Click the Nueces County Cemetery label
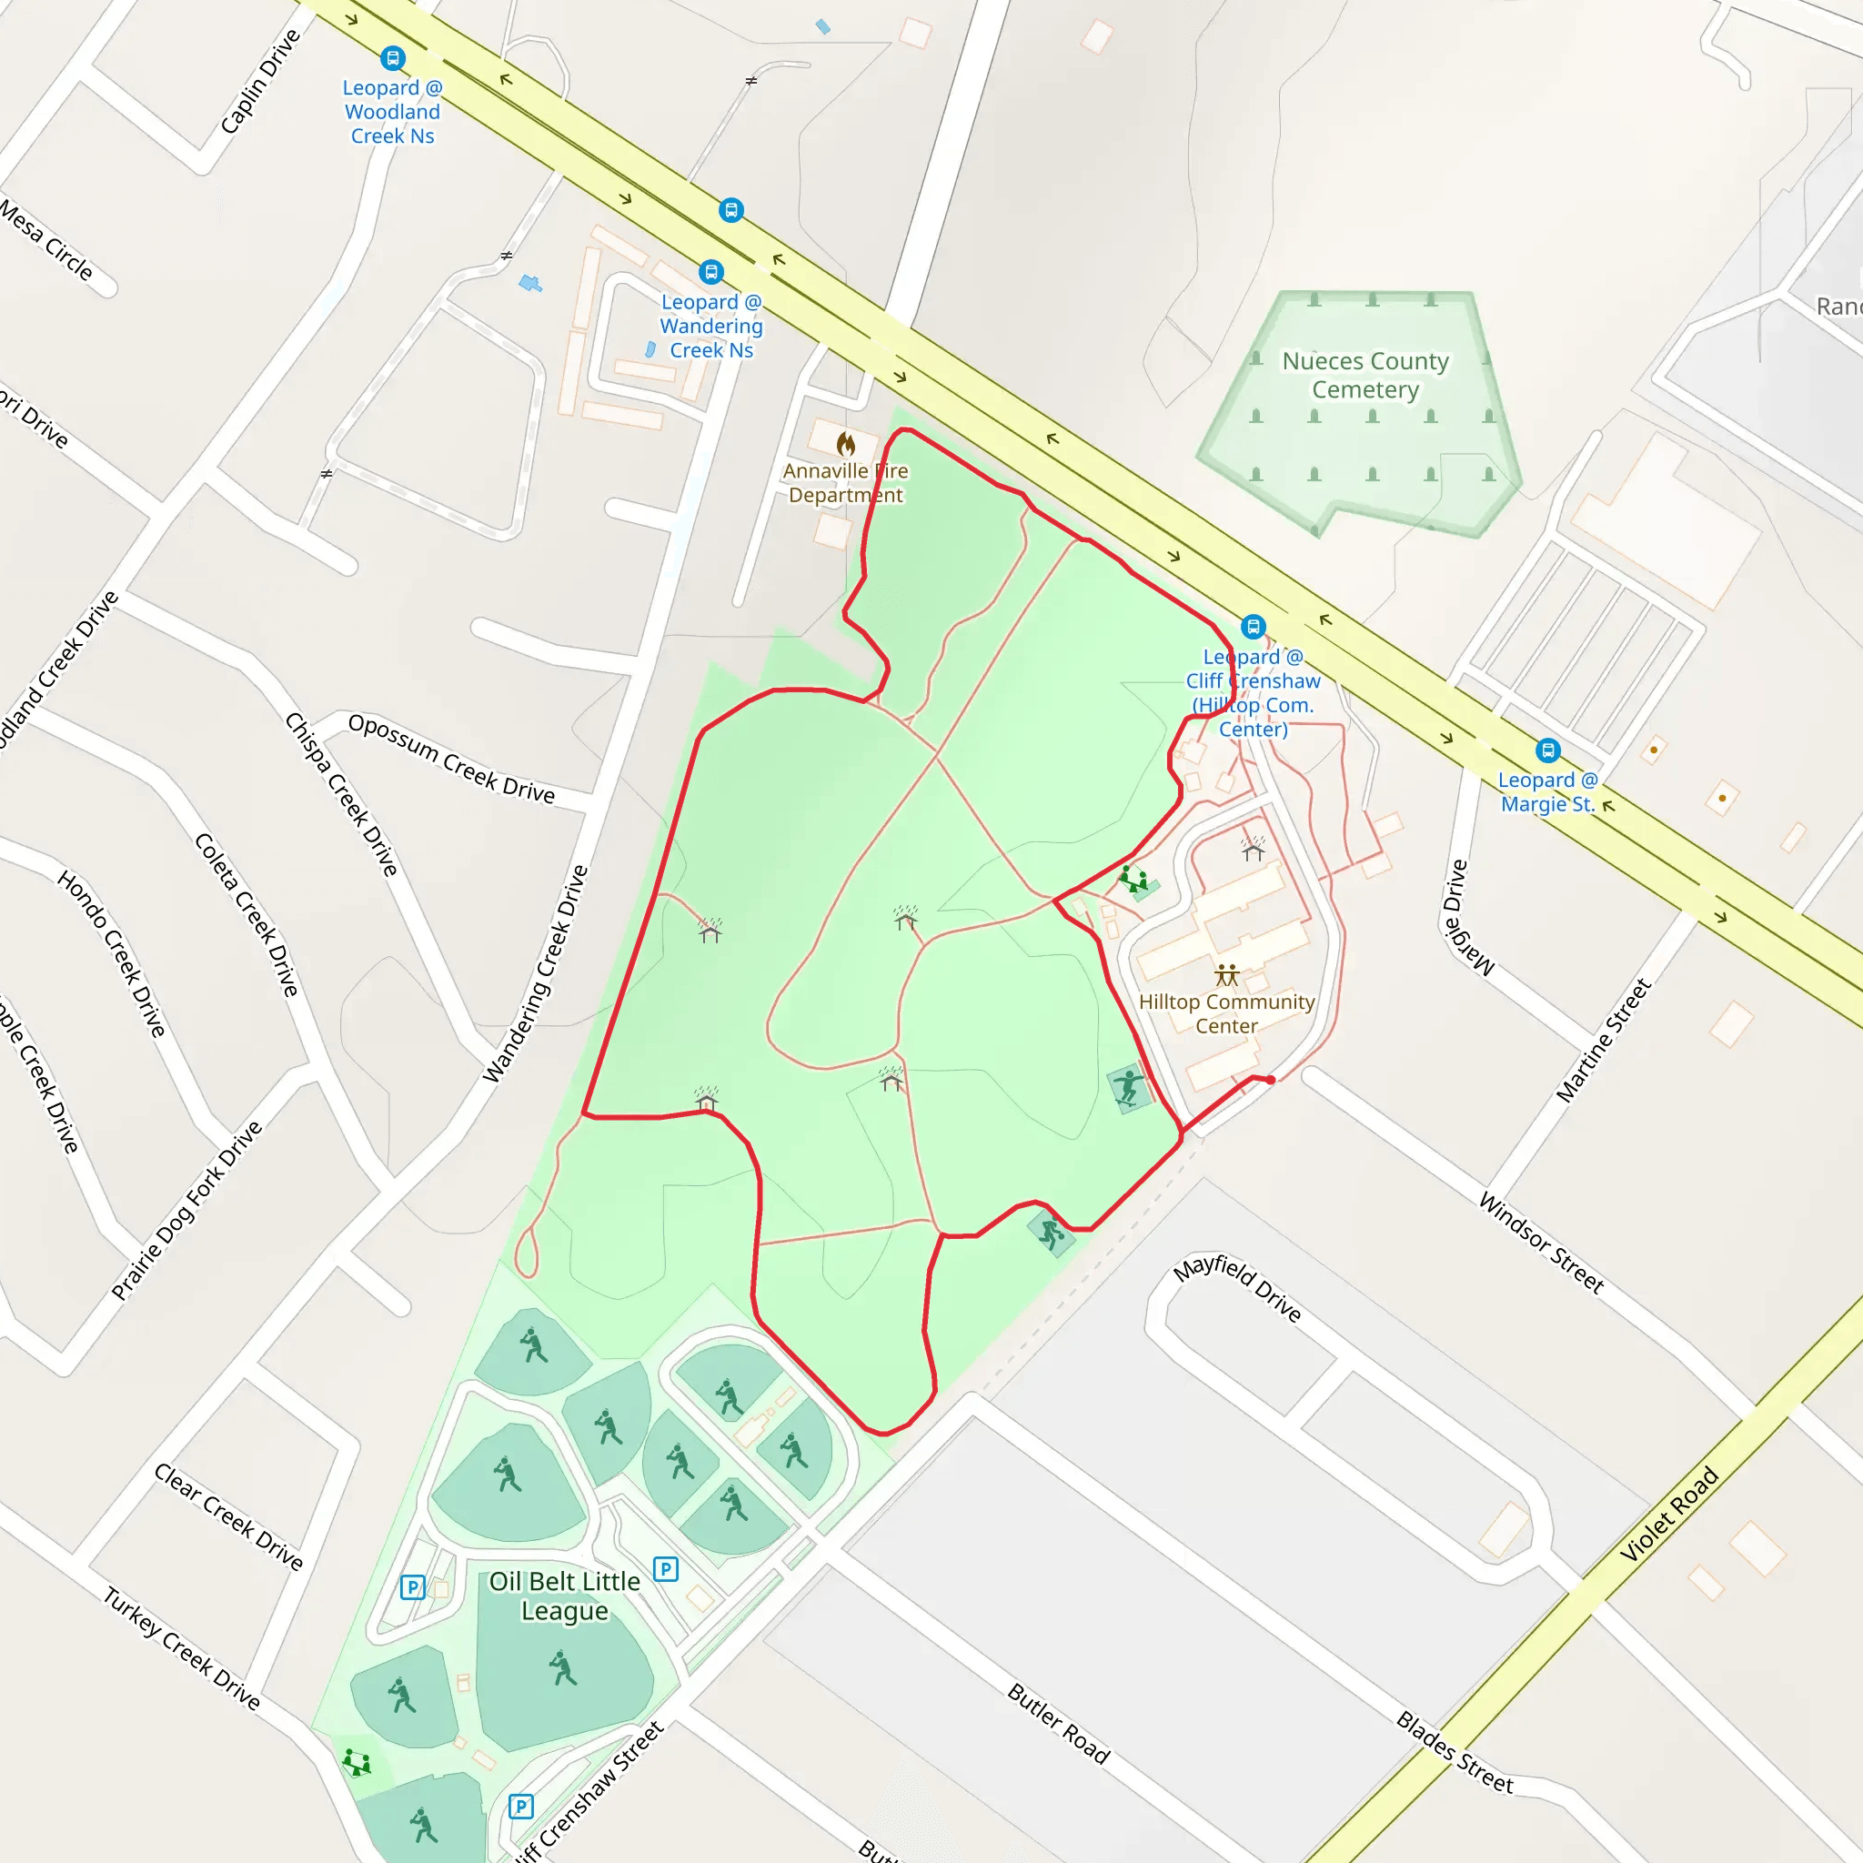[1365, 375]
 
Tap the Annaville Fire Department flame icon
[846, 445]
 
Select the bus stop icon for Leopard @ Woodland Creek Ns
[392, 59]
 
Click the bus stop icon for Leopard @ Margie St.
[1547, 750]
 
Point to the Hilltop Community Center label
[1225, 1013]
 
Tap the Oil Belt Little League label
[564, 1596]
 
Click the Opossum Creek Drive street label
[451, 759]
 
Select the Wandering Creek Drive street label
[535, 974]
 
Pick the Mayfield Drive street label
[1237, 1287]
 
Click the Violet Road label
[1669, 1514]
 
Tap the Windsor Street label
[1541, 1243]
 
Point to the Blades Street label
[1455, 1753]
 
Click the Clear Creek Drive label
[228, 1516]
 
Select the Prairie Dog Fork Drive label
[187, 1210]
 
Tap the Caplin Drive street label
[260, 81]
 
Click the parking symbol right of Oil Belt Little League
[665, 1569]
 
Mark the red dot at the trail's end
[1271, 1080]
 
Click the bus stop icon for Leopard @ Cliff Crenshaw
[1253, 627]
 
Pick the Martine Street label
[1604, 1041]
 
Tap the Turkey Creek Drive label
[182, 1649]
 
